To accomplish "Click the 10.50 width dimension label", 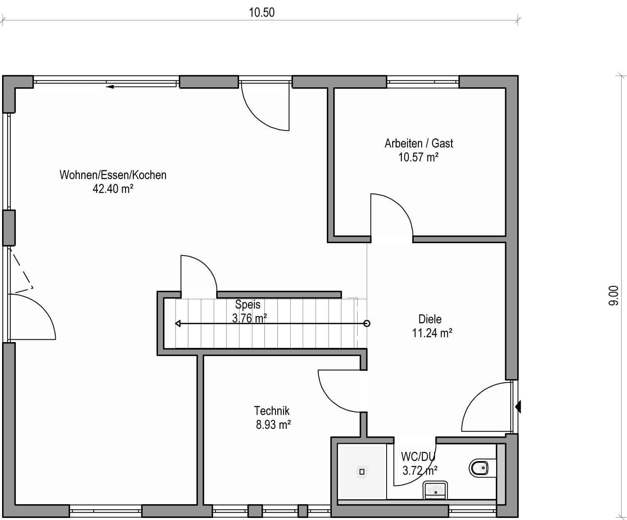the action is (x=262, y=12).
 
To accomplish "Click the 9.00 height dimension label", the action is (x=614, y=296).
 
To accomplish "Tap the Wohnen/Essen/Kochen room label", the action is (x=113, y=175).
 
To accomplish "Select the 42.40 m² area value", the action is (x=113, y=189).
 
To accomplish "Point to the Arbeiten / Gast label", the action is (x=419, y=143).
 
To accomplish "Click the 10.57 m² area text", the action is (x=419, y=157).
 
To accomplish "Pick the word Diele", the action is (x=430, y=319).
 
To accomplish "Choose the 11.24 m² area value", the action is (x=432, y=333).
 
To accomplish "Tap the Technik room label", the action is (x=272, y=411).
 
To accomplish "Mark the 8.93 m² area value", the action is (x=273, y=425).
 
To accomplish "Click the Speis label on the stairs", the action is (x=248, y=304).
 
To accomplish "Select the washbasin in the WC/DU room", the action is (x=435, y=490).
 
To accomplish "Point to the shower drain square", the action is (x=362, y=472).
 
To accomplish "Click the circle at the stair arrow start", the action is (x=367, y=323).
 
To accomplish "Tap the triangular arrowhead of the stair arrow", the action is (x=178, y=324).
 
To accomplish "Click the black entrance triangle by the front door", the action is (x=518, y=407).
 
